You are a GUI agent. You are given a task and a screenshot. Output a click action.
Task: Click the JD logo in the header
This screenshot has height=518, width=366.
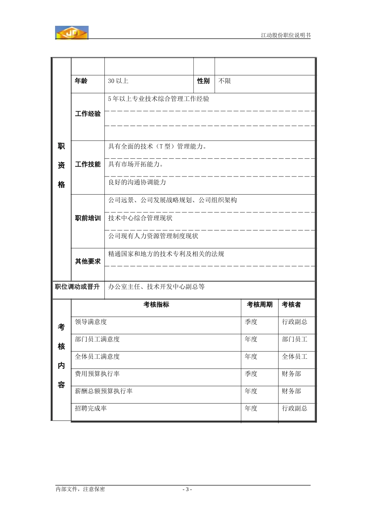tap(72, 33)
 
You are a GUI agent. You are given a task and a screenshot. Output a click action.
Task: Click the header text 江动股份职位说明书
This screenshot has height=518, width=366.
tap(285, 35)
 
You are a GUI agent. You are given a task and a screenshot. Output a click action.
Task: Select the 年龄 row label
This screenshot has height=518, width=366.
tap(81, 81)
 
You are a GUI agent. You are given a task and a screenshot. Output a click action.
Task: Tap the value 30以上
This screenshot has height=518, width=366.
tap(118, 81)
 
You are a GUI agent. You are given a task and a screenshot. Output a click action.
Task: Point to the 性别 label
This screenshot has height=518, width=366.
tap(203, 81)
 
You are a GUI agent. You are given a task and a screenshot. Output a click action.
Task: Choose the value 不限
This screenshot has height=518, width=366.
tap(225, 81)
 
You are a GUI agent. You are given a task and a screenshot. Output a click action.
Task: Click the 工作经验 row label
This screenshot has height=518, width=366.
tap(88, 114)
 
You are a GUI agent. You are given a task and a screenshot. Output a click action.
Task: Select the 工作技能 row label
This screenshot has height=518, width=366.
tap(88, 164)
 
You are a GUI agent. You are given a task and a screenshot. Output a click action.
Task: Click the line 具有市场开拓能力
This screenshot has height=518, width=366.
tap(136, 164)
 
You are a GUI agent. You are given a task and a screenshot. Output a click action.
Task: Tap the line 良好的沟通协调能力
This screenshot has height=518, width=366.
tap(137, 182)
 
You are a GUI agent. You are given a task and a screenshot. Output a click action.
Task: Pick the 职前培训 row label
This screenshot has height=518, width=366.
tap(88, 218)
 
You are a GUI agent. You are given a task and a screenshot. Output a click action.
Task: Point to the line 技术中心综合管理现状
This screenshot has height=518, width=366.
tap(140, 218)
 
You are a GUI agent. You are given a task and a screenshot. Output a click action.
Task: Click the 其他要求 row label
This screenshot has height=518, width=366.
tap(88, 261)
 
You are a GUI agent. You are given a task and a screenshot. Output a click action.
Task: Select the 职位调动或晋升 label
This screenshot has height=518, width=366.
tap(77, 287)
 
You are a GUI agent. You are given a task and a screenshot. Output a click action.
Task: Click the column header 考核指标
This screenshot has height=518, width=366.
tap(156, 304)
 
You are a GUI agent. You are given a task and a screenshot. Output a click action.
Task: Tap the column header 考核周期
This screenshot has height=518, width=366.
tap(260, 304)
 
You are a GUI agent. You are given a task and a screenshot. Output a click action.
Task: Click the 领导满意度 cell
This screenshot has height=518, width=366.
tap(91, 322)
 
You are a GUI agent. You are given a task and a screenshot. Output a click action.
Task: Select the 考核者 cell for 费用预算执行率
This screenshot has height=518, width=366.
tap(291, 374)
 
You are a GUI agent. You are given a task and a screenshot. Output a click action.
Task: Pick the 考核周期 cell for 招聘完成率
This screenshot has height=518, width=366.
tap(251, 408)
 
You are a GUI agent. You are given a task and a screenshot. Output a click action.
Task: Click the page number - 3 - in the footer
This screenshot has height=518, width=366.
tap(187, 489)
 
